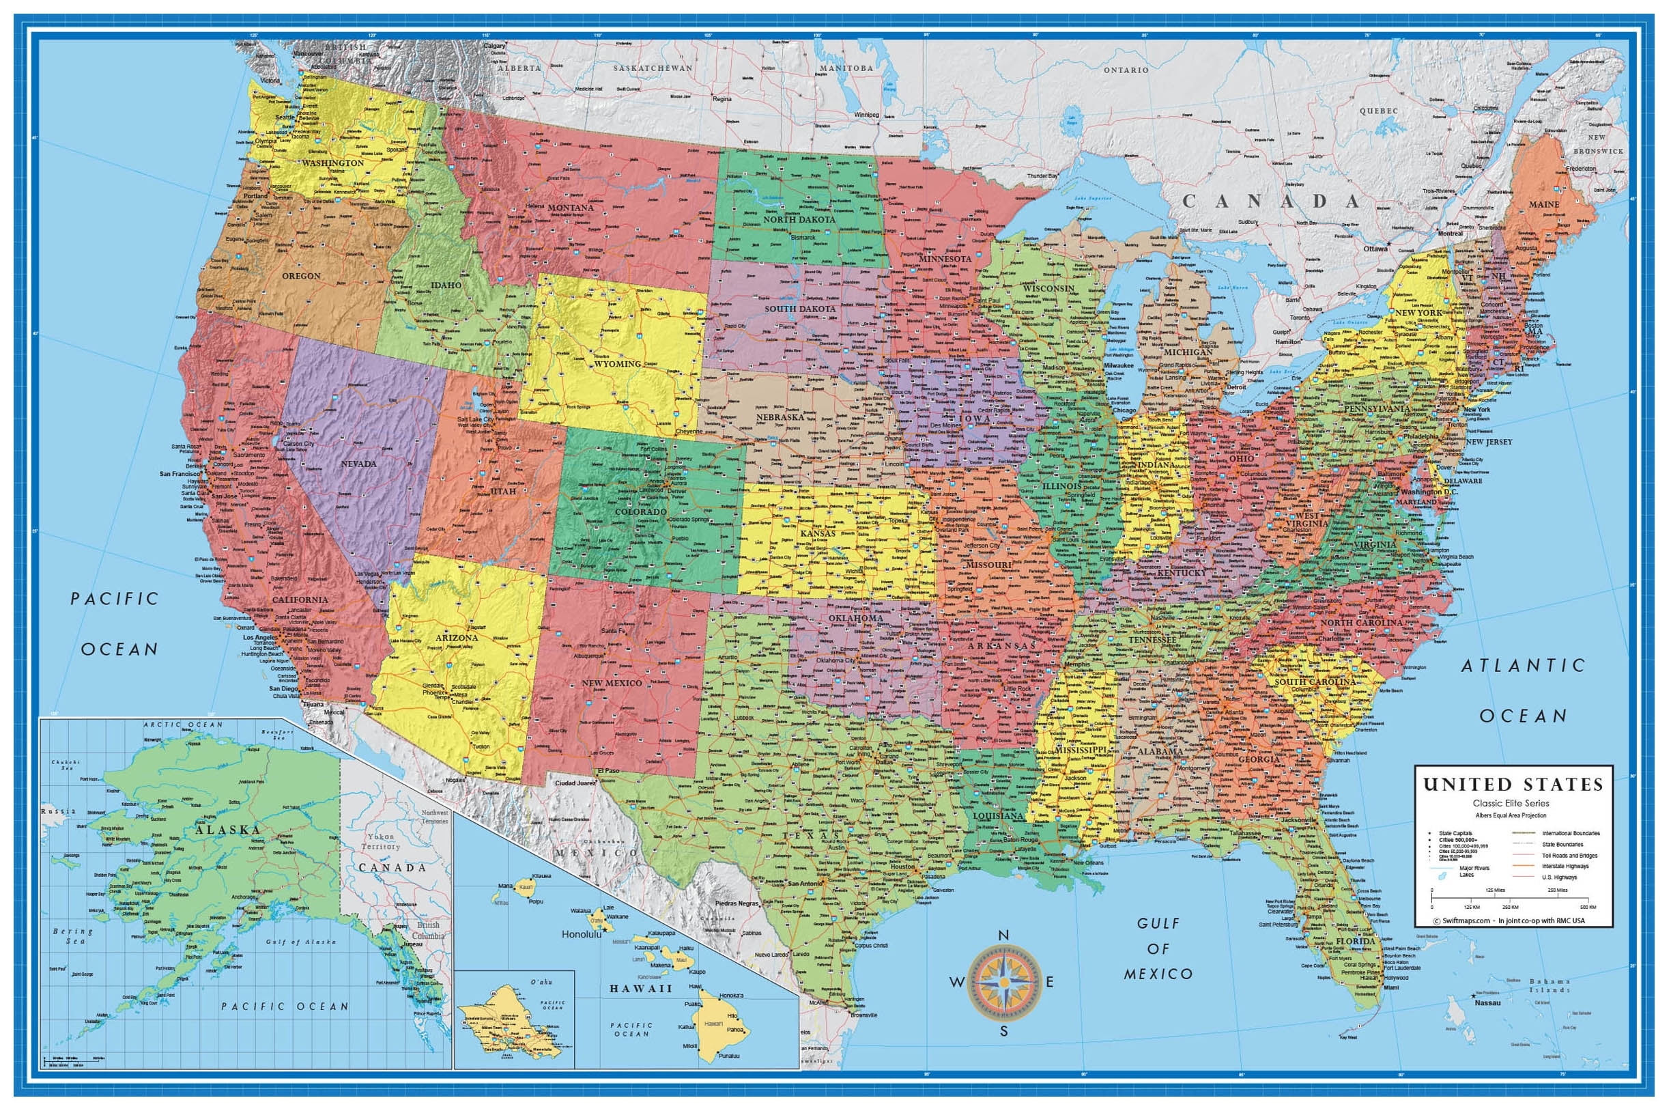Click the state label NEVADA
[358, 464]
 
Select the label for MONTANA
[570, 208]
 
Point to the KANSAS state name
[818, 533]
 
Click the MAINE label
[1543, 204]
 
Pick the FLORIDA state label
[1355, 942]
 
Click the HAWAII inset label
[640, 987]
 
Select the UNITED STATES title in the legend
[1513, 785]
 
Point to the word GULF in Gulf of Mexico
[1159, 923]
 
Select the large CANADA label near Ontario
[1272, 201]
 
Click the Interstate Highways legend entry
[1565, 866]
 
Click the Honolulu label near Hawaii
[581, 934]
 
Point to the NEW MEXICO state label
[612, 683]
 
